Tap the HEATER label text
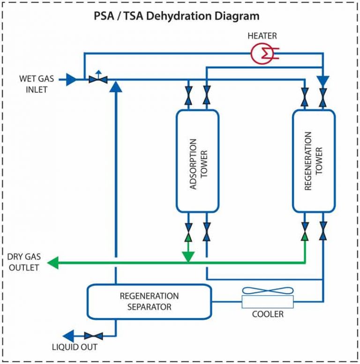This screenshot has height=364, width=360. pos(262,36)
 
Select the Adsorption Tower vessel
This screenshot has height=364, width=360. pos(197,161)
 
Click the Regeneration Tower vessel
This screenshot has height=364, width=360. pos(314,161)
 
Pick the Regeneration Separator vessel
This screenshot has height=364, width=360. pos(149,302)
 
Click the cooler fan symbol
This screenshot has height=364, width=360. pos(267,291)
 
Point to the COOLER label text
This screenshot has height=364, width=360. pos(268,314)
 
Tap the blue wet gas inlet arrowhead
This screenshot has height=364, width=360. pos(71,80)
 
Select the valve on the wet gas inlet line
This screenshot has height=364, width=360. pos(98,80)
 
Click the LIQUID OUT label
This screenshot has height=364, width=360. pos(75,347)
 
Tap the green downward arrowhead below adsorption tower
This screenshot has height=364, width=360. pos(188,257)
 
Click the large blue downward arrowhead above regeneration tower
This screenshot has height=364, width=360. pos(323,80)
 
